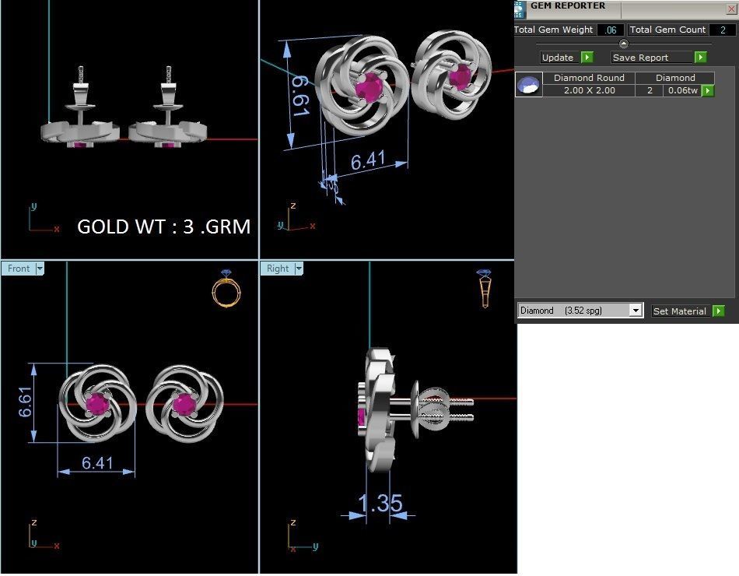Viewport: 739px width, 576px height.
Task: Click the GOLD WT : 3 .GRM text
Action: click(x=163, y=227)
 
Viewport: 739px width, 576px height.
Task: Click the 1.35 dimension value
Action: click(x=380, y=503)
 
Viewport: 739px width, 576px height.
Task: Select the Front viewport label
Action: click(x=19, y=269)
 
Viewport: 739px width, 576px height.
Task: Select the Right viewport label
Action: click(x=278, y=269)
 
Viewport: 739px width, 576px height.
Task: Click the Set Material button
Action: click(x=680, y=311)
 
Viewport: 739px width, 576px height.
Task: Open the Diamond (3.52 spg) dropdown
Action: click(x=636, y=311)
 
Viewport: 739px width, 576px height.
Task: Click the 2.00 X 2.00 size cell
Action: click(x=589, y=90)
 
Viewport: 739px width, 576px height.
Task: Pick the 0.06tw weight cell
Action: click(x=682, y=90)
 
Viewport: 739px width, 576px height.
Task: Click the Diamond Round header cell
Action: click(x=589, y=78)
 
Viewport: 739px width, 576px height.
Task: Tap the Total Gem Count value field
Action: click(x=723, y=30)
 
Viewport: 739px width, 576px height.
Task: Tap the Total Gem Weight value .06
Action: click(x=611, y=30)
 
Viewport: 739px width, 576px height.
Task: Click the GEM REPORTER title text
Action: click(x=568, y=6)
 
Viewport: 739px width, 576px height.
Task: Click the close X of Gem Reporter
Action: click(x=730, y=8)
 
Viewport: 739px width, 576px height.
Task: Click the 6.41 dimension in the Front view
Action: click(x=97, y=463)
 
